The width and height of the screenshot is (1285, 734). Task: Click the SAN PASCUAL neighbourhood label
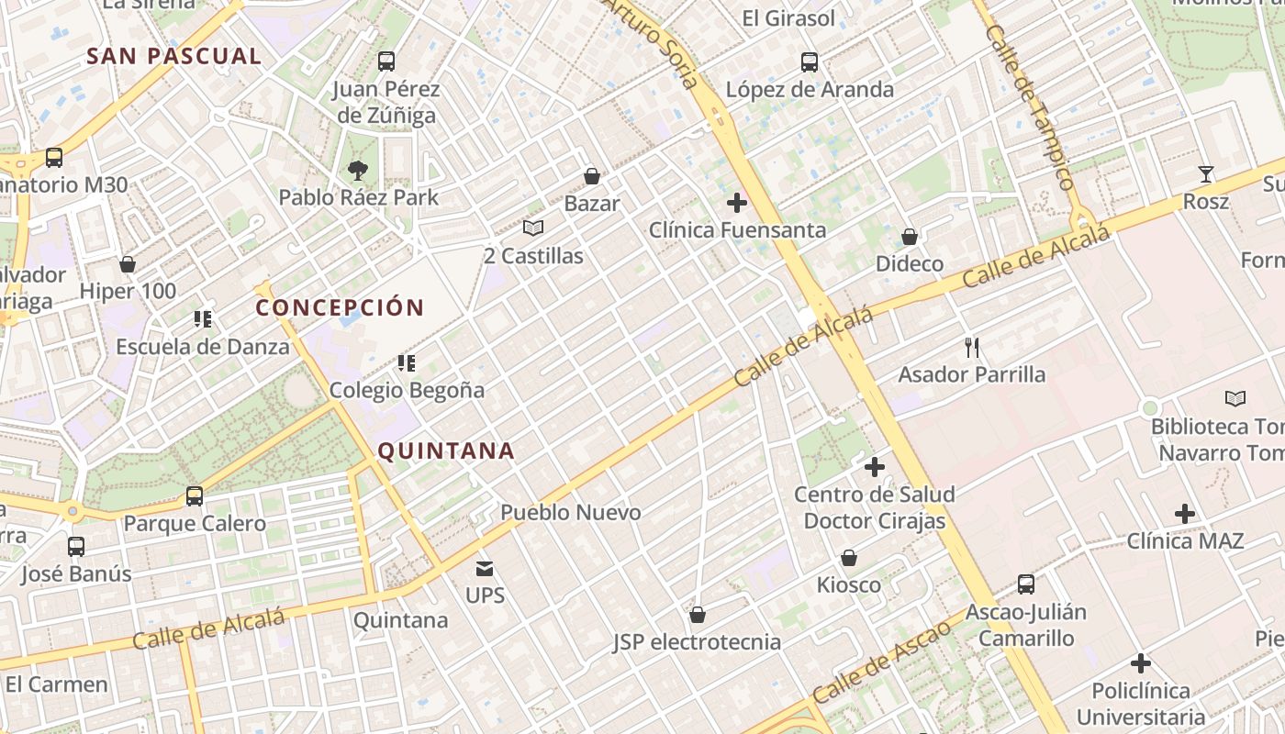173,56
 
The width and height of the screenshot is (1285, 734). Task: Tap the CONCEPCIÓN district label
340,307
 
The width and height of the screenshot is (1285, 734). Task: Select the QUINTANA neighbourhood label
446,450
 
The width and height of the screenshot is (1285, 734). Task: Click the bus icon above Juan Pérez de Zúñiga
386,61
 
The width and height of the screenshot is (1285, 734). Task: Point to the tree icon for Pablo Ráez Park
357,170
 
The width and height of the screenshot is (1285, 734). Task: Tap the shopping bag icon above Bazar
592,175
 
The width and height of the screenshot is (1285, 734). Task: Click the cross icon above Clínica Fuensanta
737,202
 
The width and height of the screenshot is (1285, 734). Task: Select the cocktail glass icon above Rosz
1205,173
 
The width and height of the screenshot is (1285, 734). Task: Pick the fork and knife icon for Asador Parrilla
972,347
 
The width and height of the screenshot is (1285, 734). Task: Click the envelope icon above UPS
485,568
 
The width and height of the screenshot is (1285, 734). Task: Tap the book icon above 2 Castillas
533,228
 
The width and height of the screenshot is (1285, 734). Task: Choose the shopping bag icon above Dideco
910,237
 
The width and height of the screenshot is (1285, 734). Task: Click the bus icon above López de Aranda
809,61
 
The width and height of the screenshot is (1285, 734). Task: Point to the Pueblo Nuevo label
570,512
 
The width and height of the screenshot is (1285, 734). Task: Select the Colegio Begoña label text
407,390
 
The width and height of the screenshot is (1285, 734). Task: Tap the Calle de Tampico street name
1029,107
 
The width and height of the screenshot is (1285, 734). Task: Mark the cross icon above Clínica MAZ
1185,513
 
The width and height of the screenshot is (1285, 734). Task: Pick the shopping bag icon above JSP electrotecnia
698,614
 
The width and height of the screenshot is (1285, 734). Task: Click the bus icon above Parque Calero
195,496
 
